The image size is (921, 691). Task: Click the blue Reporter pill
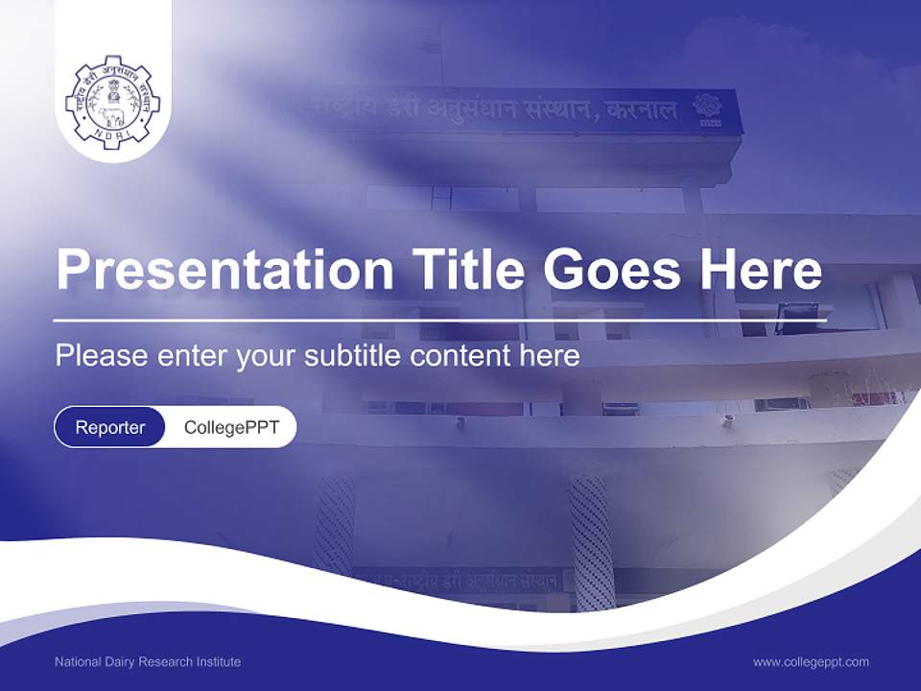click(110, 427)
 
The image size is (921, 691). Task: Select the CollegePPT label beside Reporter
click(231, 427)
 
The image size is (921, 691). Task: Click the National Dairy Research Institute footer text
click(148, 662)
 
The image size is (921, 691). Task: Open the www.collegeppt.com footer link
click(811, 662)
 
